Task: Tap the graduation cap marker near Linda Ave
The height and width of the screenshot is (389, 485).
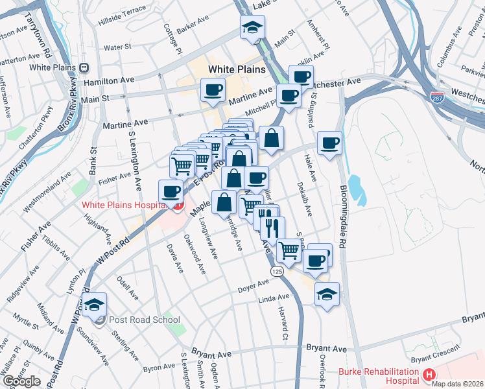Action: pos(327,295)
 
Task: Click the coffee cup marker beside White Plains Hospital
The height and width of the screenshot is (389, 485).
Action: pos(172,191)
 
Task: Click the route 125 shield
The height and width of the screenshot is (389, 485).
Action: pos(277,270)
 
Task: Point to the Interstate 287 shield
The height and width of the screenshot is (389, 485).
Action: pos(437,97)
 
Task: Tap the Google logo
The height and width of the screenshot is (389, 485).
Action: pos(22,381)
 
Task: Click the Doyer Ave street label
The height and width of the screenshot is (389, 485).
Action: pos(253,286)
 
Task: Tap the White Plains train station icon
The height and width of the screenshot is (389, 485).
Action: pos(84,67)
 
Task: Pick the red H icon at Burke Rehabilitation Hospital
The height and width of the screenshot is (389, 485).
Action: pos(428,374)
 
